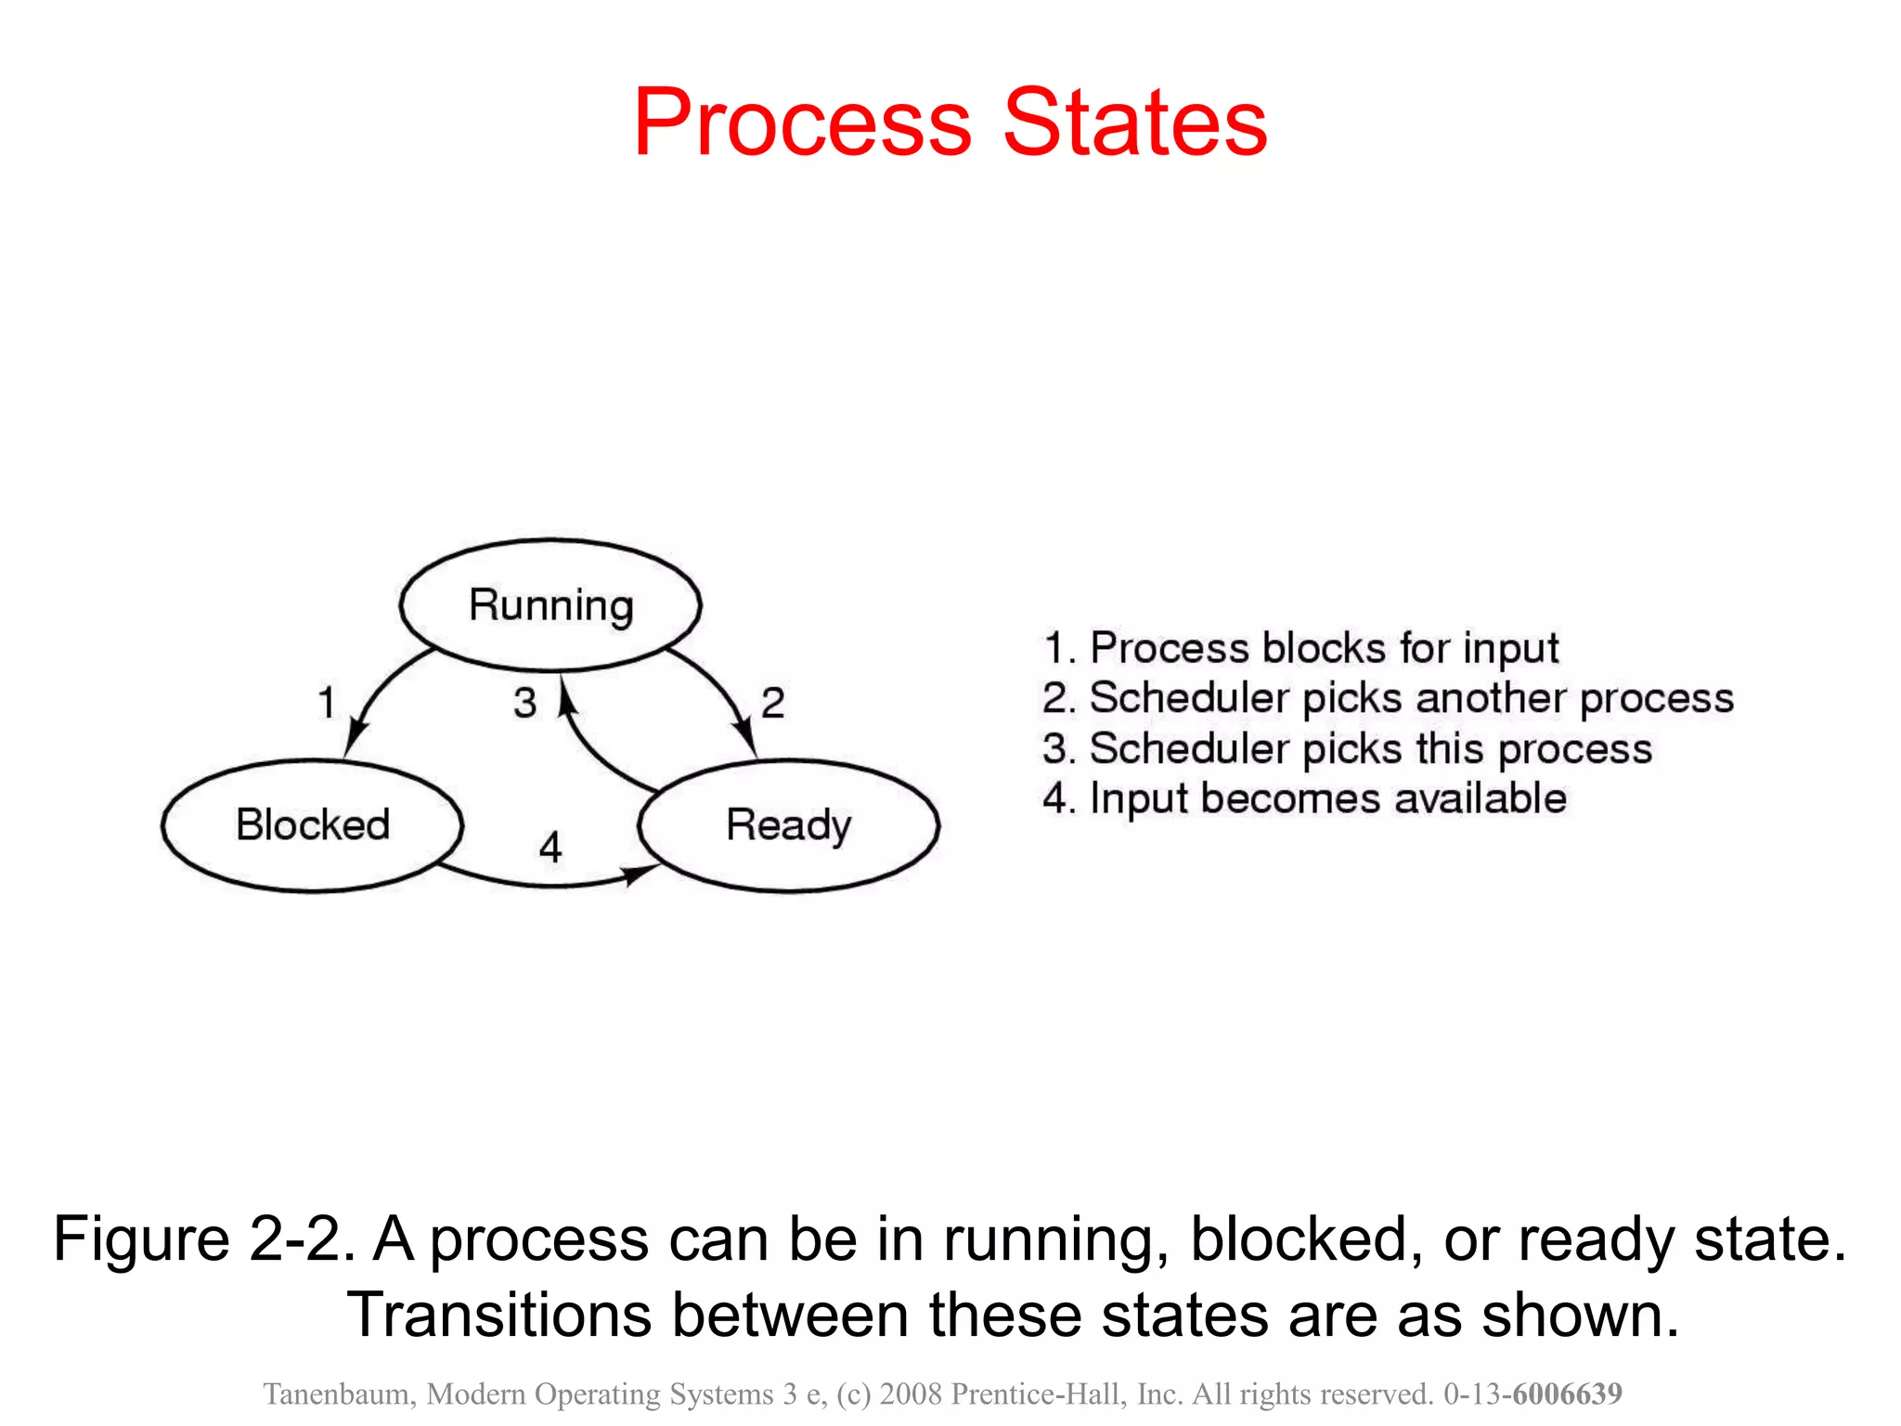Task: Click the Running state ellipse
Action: click(x=550, y=604)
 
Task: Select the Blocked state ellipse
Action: click(x=312, y=825)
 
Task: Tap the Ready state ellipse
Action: click(x=788, y=825)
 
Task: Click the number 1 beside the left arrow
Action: click(x=326, y=703)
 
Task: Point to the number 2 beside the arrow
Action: click(x=772, y=703)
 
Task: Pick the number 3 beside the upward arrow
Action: click(x=525, y=703)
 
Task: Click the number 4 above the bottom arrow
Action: click(x=550, y=847)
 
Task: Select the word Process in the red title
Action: click(x=802, y=123)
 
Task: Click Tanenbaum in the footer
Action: click(x=338, y=1394)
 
